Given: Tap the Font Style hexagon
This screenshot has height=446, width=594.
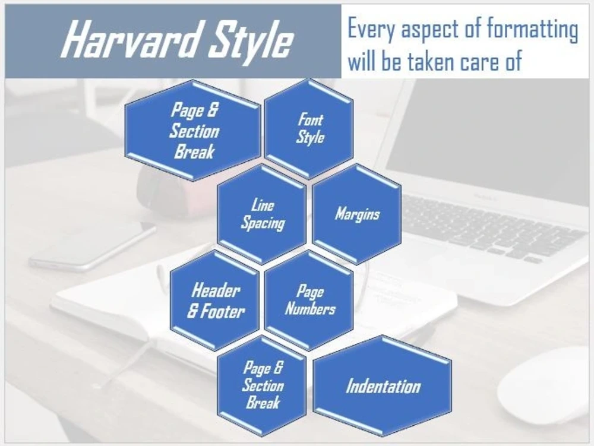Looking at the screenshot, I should (309, 128).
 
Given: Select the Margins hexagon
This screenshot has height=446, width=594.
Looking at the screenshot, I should (356, 214).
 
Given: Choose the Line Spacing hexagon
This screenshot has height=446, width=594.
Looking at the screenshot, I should (262, 214).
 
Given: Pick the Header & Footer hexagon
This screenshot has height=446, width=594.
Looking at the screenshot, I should (215, 301).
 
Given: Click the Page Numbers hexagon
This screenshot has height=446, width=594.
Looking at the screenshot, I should (309, 301).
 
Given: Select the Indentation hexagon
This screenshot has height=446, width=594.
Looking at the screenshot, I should (383, 387).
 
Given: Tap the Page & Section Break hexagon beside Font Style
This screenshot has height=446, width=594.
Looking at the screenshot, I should (194, 131).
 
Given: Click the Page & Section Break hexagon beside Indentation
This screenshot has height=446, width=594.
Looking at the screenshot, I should (262, 385).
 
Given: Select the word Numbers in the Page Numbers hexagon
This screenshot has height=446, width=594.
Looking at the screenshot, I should (309, 309).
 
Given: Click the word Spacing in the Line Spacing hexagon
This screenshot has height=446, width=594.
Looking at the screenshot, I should (262, 223).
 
